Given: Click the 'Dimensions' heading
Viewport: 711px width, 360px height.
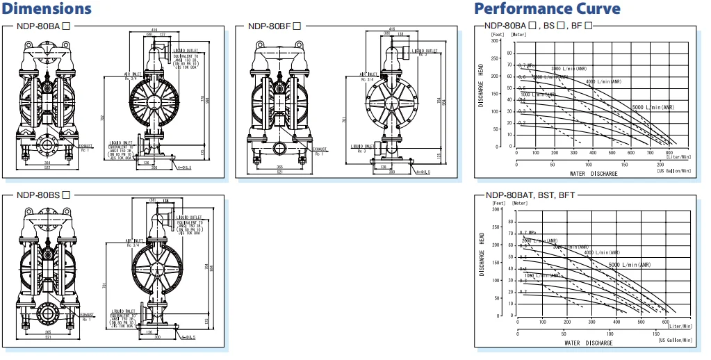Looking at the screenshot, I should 47,9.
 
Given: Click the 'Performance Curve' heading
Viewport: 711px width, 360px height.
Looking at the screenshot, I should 546,9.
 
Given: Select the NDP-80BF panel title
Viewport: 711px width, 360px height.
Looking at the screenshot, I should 274,27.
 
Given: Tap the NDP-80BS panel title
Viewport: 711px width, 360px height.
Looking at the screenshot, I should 42,195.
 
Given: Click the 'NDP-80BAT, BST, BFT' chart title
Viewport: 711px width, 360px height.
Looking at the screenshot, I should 539,195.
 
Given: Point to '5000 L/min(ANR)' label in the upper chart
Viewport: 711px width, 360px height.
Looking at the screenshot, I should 653,108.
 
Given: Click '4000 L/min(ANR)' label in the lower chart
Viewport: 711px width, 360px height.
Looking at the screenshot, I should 598,253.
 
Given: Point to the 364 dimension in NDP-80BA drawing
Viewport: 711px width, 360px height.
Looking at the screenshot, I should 47,163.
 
